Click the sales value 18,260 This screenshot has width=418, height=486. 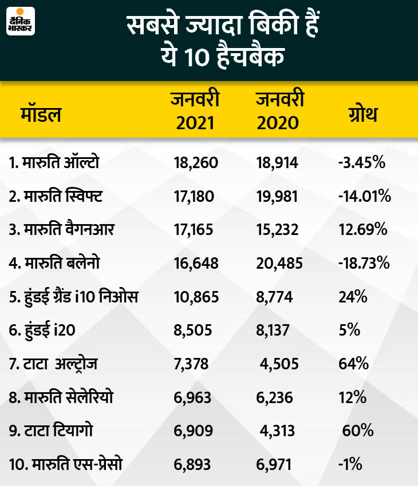pos(195,164)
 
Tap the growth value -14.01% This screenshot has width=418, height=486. pos(364,197)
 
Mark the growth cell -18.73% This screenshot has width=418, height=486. pos(364,264)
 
